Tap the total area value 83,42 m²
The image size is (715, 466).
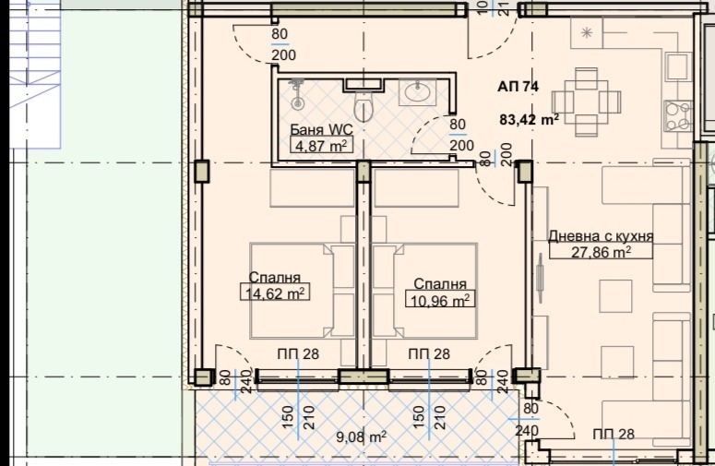pos(530,119)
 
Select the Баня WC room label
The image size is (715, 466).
pos(320,129)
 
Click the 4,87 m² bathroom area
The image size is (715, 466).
pos(320,145)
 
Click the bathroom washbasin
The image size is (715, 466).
pos(418,92)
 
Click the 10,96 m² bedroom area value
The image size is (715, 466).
pos(439,299)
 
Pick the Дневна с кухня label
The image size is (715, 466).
pos(600,236)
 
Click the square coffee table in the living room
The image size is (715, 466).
pos(614,296)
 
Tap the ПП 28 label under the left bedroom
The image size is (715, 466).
pos(297,354)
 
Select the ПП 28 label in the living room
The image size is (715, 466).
pos(614,435)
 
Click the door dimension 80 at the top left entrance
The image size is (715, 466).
pos(280,35)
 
